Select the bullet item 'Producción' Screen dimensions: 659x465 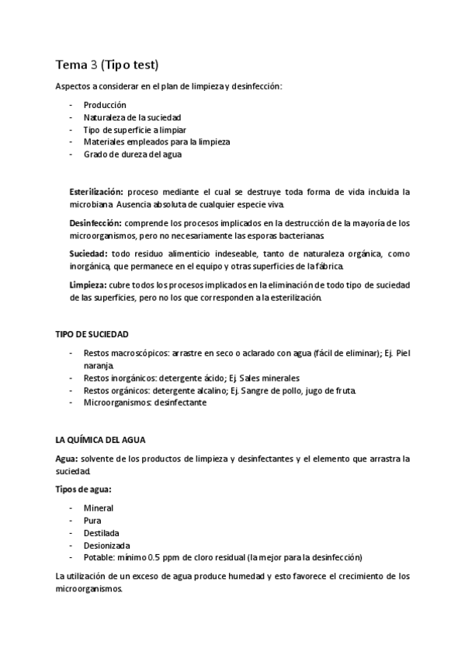[x=105, y=105]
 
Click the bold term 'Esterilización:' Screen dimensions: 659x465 [x=96, y=191]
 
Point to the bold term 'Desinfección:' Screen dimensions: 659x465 [x=95, y=223]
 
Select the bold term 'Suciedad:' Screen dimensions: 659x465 [x=88, y=254]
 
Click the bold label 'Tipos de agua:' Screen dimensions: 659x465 [x=83, y=489]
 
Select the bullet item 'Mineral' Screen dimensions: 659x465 [x=99, y=508]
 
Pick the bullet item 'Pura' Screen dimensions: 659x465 [x=92, y=521]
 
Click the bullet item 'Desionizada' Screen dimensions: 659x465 [x=107, y=546]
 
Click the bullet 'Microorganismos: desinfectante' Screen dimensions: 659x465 [x=145, y=403]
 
